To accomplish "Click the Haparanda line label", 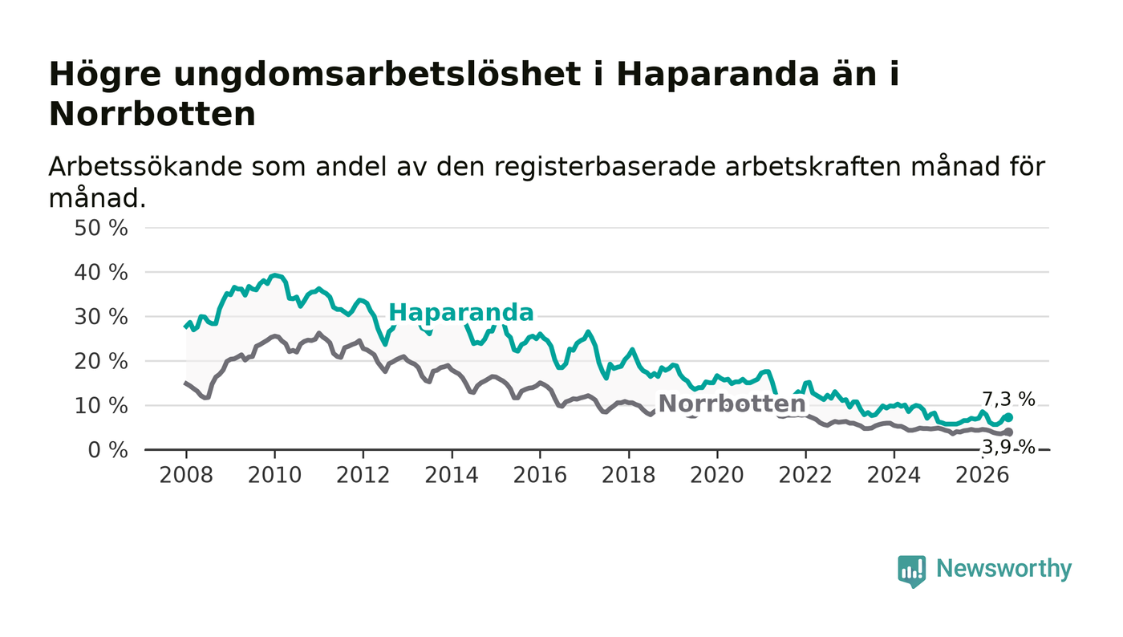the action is pos(460,312).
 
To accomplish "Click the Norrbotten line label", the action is pos(732,404).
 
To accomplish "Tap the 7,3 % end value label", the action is pos(1008,400).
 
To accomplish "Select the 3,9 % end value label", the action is pos(1008,446).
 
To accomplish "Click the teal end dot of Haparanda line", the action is pos(1009,417).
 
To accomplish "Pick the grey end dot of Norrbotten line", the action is pos(1009,432).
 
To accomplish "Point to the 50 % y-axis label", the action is pos(101,228).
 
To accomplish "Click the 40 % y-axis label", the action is pos(101,273).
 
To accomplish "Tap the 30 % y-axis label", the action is pos(101,317).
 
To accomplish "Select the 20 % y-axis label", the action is pos(101,361).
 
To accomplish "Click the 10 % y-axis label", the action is pos(101,406).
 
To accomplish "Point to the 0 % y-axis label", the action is pos(107,450).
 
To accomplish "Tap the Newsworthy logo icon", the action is pos(911,571).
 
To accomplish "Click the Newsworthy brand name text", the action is pos(1003,569).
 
